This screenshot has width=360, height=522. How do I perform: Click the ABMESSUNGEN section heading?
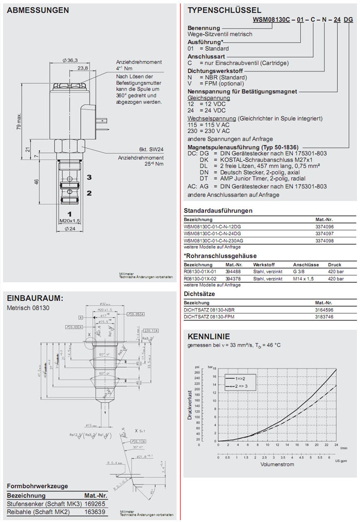pos(39,10)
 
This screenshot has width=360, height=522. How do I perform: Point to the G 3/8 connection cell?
pos(300,271)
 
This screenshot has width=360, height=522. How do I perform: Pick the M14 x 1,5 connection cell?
pos(303,278)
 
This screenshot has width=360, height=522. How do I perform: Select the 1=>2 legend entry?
pos(236,378)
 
